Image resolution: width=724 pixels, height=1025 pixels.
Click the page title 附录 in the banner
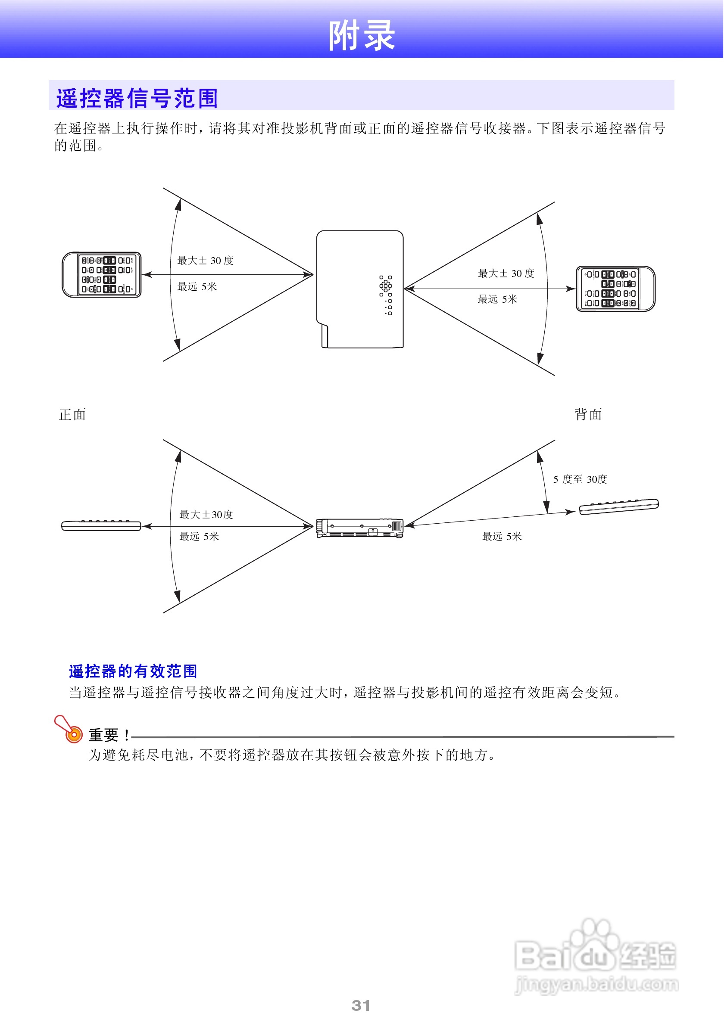[x=361, y=35]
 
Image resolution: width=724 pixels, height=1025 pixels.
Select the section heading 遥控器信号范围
[x=137, y=98]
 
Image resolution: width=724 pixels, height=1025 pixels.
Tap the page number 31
[x=360, y=1005]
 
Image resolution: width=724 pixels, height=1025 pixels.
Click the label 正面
[x=72, y=414]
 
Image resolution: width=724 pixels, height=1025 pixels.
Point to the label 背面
[x=588, y=414]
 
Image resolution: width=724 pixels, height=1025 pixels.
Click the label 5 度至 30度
[x=580, y=479]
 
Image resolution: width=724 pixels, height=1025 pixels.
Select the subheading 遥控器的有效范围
[x=133, y=671]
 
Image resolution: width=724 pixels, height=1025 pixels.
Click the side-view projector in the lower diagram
[x=360, y=528]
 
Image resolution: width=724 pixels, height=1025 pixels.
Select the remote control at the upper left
[x=102, y=275]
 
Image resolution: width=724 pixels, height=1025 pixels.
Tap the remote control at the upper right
[x=615, y=289]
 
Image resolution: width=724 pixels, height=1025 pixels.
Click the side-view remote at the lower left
[x=101, y=526]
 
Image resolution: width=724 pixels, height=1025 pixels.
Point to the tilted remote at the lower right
[x=618, y=507]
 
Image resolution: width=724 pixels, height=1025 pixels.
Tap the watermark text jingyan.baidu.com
[x=596, y=984]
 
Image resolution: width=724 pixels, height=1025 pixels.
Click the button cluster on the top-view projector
[x=386, y=295]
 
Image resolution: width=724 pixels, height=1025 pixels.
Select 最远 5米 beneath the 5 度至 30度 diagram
[x=502, y=536]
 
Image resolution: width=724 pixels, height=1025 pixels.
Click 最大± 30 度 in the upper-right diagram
[x=506, y=273]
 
